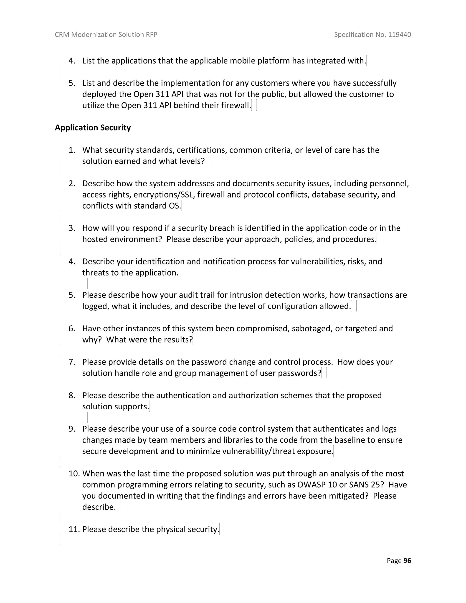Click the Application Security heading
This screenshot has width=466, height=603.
coord(93,128)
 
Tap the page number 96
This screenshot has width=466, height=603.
coord(407,560)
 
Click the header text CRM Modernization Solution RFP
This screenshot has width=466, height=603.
coord(106,35)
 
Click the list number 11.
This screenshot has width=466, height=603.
coord(74,529)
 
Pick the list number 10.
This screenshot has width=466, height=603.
coord(74,474)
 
